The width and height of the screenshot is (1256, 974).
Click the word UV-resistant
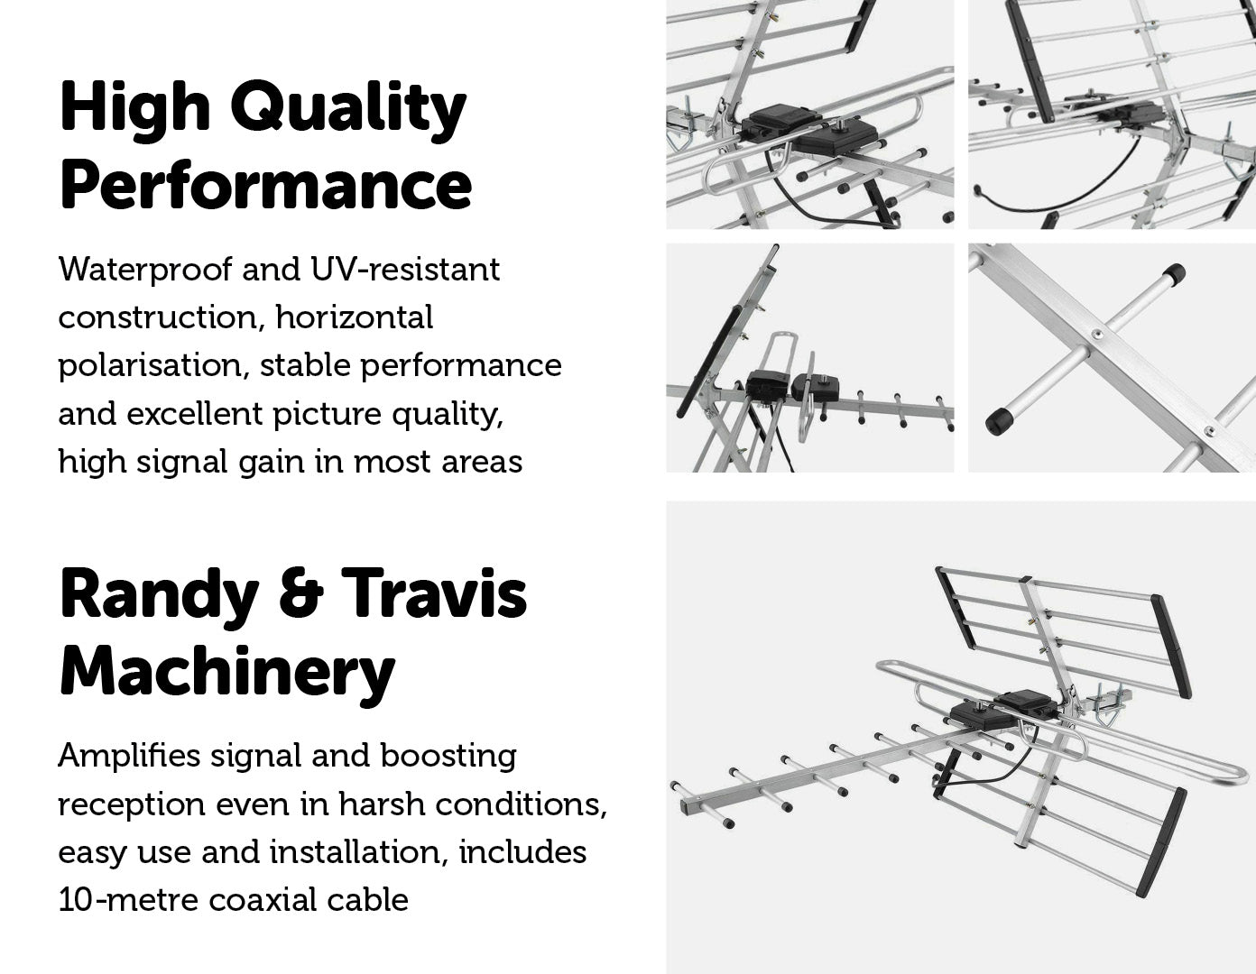coord(404,270)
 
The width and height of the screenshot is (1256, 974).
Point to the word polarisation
coord(153,366)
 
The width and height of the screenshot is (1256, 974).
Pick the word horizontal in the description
coord(355,317)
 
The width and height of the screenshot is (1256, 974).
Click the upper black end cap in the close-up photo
coord(1172,274)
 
